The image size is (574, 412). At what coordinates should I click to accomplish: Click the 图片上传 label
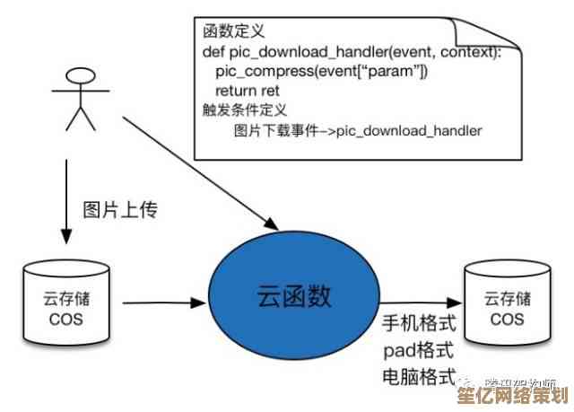(121, 211)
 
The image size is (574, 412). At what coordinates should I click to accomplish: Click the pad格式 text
(419, 348)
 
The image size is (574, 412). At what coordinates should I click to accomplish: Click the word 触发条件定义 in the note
(243, 110)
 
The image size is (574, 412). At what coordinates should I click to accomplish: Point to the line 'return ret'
(248, 91)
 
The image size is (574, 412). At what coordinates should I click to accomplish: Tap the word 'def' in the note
(214, 52)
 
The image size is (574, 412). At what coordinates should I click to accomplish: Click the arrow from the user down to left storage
(65, 197)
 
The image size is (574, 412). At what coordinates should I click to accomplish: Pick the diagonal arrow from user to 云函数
(197, 171)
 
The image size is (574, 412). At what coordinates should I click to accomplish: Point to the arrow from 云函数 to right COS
(422, 302)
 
